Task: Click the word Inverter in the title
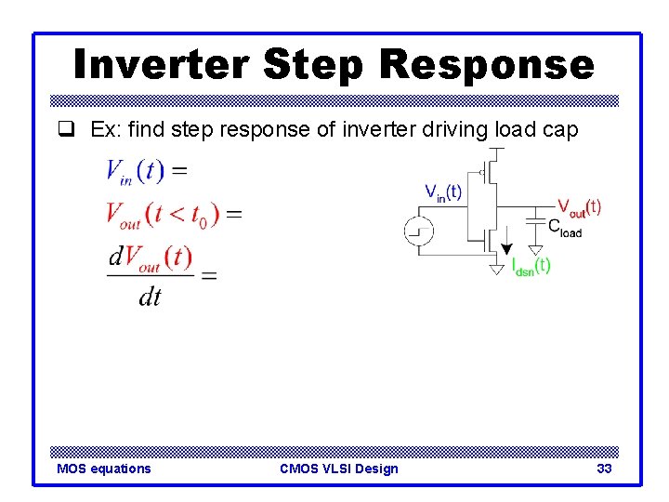161,65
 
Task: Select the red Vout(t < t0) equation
173,214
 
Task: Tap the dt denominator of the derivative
149,296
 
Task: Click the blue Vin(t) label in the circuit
443,192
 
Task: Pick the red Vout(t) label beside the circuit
579,206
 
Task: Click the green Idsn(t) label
531,266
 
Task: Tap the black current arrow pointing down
506,244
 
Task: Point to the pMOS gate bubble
482,172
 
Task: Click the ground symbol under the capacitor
535,249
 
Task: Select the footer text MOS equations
103,469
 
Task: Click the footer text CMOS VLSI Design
338,469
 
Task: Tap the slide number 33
604,469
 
